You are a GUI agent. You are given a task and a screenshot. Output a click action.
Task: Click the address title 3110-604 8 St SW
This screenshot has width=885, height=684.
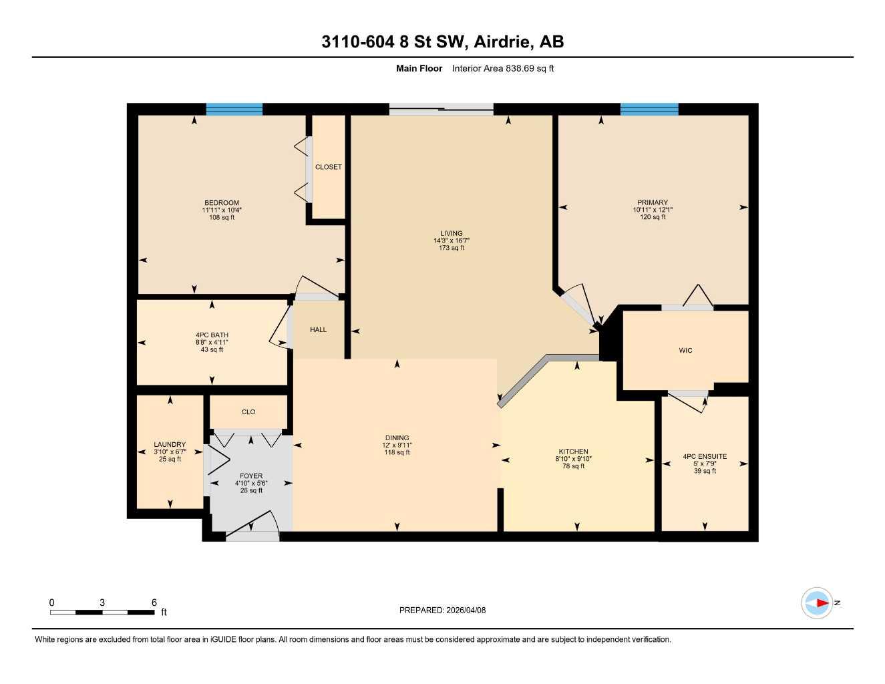[442, 41]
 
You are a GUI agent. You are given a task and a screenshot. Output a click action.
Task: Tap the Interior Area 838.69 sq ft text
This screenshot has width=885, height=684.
[503, 68]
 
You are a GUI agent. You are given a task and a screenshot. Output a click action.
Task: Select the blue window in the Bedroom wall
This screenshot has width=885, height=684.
[234, 110]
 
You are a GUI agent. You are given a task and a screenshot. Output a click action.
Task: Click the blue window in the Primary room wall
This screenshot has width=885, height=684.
[649, 110]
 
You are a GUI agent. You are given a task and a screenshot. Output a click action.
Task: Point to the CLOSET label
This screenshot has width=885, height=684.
[328, 167]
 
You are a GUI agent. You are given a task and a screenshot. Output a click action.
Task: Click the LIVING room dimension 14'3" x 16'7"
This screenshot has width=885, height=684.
[452, 240]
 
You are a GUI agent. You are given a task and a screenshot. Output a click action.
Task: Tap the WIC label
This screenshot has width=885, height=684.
[685, 350]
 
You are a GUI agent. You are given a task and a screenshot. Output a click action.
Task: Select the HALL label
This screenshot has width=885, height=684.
[319, 329]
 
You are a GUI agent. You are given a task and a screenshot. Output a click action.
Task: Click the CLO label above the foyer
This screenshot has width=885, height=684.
[248, 412]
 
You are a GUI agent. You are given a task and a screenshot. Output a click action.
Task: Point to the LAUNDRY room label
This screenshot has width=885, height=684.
[170, 444]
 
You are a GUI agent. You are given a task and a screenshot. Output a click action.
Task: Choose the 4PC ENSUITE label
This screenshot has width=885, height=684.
[705, 457]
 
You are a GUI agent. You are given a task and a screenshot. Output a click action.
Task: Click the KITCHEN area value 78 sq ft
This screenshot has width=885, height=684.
[573, 466]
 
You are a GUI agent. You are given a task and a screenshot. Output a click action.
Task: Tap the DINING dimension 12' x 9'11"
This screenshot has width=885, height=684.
[397, 446]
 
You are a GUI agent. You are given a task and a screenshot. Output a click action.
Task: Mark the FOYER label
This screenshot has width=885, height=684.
[251, 476]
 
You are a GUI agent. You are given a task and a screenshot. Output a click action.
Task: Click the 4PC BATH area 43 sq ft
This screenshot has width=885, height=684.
[212, 349]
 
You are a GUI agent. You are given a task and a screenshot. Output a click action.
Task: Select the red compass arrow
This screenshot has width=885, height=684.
[821, 603]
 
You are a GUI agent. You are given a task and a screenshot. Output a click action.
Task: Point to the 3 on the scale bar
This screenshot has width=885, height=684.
[102, 603]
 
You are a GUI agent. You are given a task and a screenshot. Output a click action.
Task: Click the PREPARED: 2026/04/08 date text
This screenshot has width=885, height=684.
[442, 610]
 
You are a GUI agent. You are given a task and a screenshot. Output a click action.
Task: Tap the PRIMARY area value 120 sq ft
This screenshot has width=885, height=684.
[653, 217]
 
